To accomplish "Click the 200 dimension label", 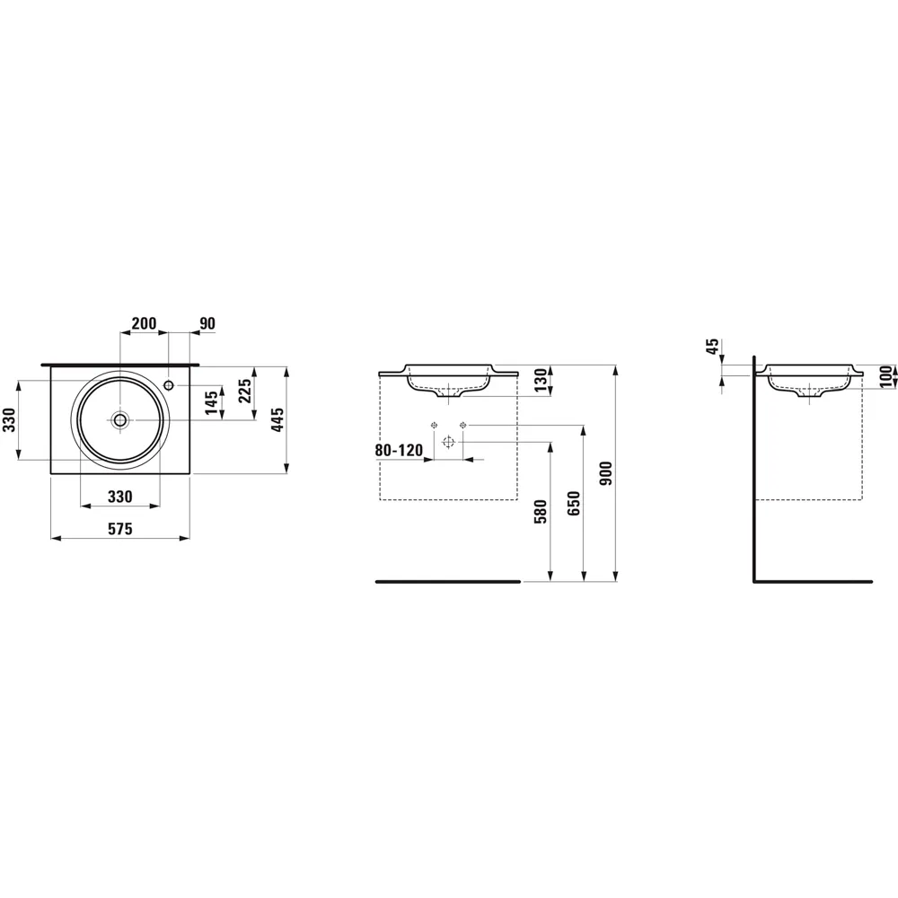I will coord(144,323).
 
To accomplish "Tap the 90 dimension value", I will coord(207,323).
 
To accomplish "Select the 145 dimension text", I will coord(210,402).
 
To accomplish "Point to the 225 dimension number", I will coord(245,392).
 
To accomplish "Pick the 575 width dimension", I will coord(120,530).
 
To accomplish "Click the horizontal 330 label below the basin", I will coord(120,497).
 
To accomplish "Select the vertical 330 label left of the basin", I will coord(8,419).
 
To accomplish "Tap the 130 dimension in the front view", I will coord(540,381).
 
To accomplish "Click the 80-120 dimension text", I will coord(399,450).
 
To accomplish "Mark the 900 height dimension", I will coord(606,473).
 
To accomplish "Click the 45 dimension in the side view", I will coord(713,348).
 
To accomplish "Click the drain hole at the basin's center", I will coord(120,418).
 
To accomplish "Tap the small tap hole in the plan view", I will coord(170,385).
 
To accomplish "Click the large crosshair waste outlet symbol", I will coord(449,441).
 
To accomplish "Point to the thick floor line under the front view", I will coord(446,582).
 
